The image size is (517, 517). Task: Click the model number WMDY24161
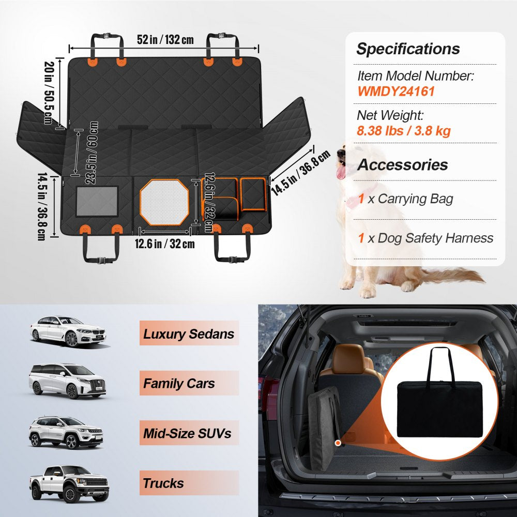396,92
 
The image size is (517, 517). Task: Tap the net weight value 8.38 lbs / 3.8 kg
403,130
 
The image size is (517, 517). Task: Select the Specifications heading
408,49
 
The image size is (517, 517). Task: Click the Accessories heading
402,165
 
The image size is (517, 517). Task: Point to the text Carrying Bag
416,199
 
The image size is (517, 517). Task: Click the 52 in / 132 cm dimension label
165,40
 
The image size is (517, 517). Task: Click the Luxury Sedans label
189,334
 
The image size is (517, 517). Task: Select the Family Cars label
179,384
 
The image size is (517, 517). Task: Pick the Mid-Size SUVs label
187,433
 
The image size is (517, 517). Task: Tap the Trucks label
163,483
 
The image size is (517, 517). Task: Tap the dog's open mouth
341,171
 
